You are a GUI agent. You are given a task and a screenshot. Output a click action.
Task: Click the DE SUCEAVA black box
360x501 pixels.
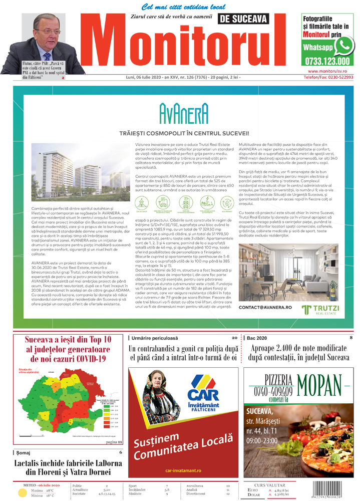pyautogui.click(x=243, y=19)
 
